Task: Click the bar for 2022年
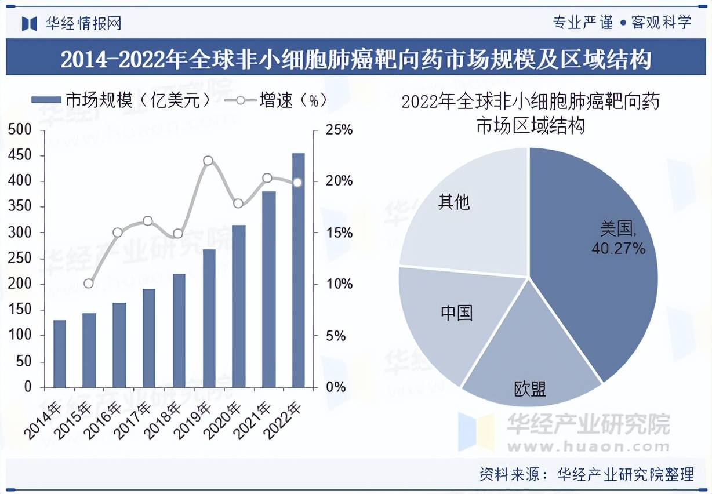click(298, 270)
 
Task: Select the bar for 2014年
click(60, 354)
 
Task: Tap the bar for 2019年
click(209, 318)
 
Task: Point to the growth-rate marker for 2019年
click(208, 161)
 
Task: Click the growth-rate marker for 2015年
click(89, 284)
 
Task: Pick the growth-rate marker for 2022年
click(297, 182)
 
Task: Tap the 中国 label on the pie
click(456, 313)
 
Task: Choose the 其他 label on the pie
click(454, 202)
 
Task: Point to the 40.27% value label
click(618, 249)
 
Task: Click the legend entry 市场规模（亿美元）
click(122, 100)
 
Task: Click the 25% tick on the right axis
click(339, 130)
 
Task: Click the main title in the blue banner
click(355, 59)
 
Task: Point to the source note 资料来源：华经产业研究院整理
click(586, 475)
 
